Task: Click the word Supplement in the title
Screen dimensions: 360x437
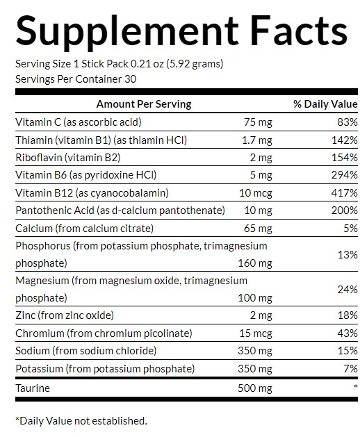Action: [127, 32]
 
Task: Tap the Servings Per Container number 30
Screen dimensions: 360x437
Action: [130, 79]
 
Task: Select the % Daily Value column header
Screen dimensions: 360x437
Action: [325, 104]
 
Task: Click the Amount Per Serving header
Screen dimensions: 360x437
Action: [144, 104]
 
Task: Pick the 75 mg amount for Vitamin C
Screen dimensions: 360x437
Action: [258, 122]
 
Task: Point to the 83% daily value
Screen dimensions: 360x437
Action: [347, 122]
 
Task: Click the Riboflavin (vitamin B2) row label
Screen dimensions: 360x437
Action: [68, 158]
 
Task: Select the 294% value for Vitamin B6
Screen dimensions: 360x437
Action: [345, 175]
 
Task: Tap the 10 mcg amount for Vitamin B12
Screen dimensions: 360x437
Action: [256, 193]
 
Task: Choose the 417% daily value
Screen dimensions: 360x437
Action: [345, 193]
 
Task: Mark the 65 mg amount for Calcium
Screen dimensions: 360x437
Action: [258, 229]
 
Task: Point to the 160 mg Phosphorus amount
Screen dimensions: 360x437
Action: [255, 263]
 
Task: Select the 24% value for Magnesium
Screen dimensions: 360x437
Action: [347, 290]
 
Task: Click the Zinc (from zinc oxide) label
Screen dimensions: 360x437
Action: [65, 315]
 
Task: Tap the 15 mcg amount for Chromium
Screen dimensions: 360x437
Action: [256, 333]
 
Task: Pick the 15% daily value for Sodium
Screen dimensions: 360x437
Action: [347, 351]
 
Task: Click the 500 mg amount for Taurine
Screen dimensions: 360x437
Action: [255, 388]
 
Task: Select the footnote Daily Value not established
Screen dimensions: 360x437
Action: [81, 421]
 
